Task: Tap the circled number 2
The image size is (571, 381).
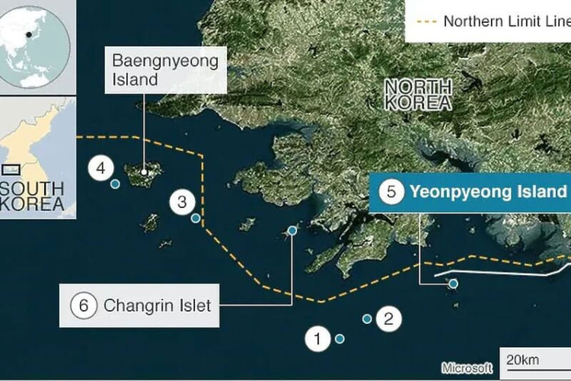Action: pyautogui.click(x=388, y=318)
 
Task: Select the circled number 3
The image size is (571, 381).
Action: pyautogui.click(x=182, y=202)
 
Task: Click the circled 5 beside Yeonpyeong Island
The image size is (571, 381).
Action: pyautogui.click(x=391, y=192)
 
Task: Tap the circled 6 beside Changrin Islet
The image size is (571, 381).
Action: pyautogui.click(x=84, y=306)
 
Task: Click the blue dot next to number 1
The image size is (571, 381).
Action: pyautogui.click(x=340, y=338)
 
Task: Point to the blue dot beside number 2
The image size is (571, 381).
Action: pyautogui.click(x=367, y=319)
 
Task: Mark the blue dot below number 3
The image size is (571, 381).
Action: pyautogui.click(x=196, y=219)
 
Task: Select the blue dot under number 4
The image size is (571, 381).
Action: pyautogui.click(x=115, y=184)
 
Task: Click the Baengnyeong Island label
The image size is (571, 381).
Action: pyautogui.click(x=165, y=69)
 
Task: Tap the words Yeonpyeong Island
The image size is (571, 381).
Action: pyautogui.click(x=488, y=192)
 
